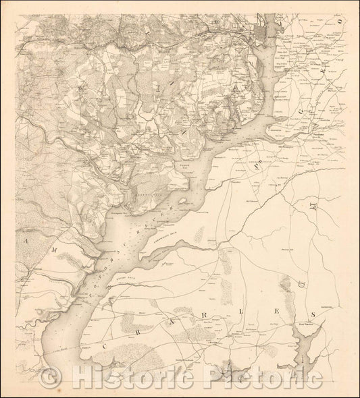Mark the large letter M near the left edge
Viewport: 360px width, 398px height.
pos(26,240)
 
